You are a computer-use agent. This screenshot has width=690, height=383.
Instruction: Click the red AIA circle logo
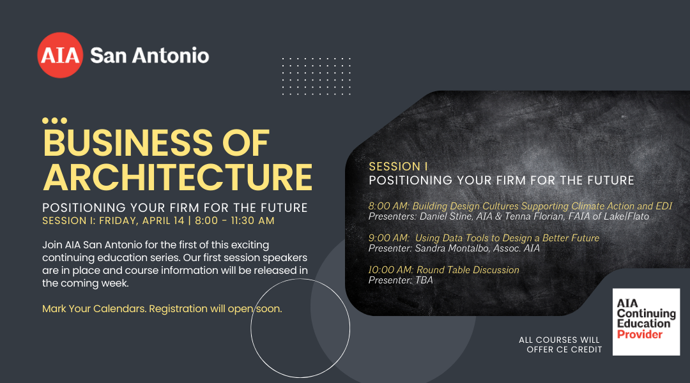[60, 55]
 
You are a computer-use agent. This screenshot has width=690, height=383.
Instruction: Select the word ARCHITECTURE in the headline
[178, 177]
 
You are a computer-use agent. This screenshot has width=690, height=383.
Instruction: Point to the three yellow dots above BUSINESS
[54, 121]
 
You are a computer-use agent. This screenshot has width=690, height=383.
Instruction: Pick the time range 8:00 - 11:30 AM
[234, 221]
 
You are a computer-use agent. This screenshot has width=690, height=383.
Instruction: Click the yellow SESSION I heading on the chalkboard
[398, 167]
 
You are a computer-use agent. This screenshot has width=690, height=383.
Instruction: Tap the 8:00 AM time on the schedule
[389, 206]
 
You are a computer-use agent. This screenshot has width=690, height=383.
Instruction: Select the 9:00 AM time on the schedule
[389, 238]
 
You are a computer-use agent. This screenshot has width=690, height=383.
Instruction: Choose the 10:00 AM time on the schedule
[391, 270]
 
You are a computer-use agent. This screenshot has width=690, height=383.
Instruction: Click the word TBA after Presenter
[424, 280]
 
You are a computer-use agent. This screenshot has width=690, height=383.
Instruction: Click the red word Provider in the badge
[640, 334]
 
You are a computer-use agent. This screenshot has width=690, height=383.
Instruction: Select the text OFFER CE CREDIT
[564, 350]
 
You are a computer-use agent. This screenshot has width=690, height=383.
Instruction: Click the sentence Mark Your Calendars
[94, 309]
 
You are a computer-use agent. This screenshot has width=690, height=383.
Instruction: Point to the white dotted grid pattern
[316, 76]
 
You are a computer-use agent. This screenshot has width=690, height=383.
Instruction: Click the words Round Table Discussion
[468, 270]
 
